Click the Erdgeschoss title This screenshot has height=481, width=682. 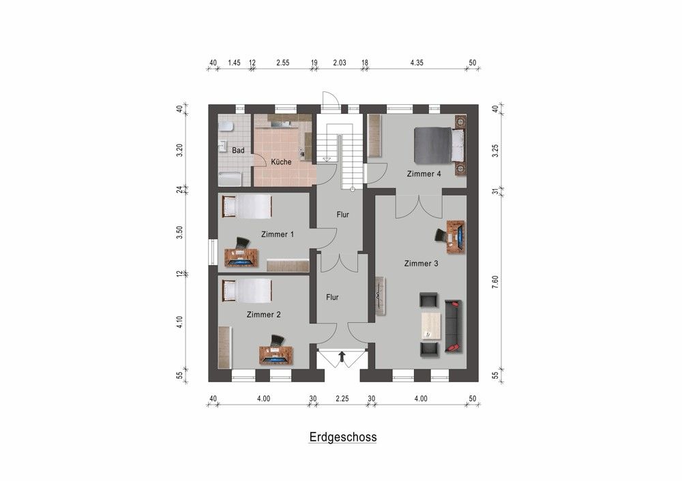(343, 437)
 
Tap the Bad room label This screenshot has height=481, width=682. (238, 150)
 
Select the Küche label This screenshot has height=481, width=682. (281, 162)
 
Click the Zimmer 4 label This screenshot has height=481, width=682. (424, 174)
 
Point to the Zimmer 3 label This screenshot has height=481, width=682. (421, 264)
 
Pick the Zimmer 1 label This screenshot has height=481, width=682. (278, 234)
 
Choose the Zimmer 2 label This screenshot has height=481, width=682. (263, 315)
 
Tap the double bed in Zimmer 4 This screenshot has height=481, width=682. (439, 145)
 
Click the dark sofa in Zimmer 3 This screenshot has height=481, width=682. (454, 326)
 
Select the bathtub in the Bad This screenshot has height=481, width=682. (230, 179)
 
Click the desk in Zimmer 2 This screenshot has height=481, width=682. (276, 355)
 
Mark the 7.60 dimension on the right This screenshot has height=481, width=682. (496, 282)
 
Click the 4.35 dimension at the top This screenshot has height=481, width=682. (417, 63)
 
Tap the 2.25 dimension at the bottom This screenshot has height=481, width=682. (342, 399)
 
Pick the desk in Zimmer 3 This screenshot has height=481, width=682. (456, 236)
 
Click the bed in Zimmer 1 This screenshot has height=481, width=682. (247, 206)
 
